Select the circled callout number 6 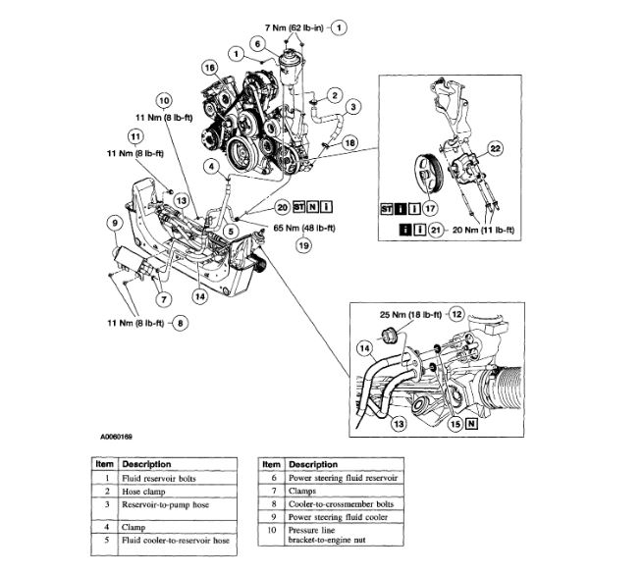[x=256, y=44]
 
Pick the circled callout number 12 [x=455, y=314]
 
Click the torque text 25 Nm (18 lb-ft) [x=408, y=314]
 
